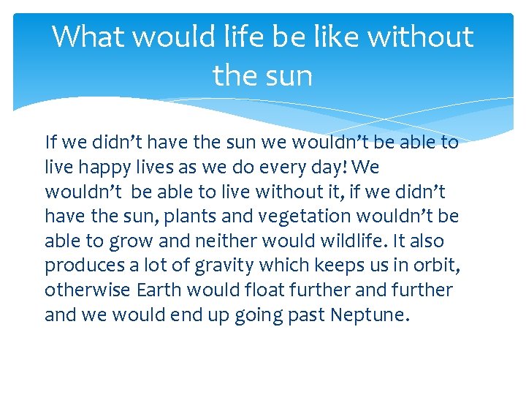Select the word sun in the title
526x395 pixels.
(289, 75)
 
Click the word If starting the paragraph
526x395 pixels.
(50, 142)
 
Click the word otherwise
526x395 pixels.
(87, 290)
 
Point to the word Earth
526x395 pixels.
(159, 290)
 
